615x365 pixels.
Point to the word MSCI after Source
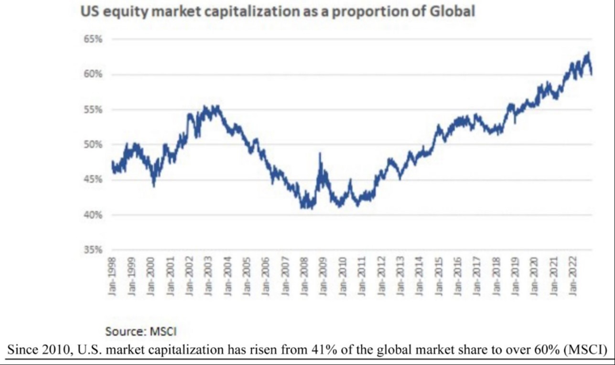163,331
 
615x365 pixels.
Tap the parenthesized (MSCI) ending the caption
584,350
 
